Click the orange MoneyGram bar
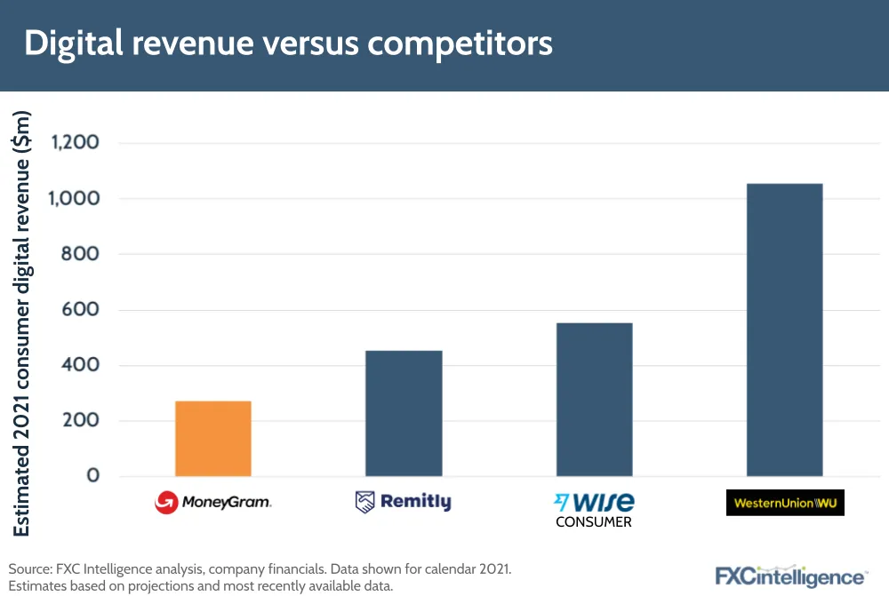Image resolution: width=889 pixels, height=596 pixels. coord(213,439)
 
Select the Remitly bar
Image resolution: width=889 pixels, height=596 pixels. coord(404,413)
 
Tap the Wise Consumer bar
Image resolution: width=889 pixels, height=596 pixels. coord(594,399)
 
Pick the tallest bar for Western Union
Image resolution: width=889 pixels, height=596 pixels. coord(784,330)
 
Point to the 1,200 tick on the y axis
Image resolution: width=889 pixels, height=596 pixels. coord(75,142)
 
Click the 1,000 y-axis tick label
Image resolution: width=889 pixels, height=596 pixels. coord(75,198)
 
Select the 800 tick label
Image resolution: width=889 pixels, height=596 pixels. coord(83,254)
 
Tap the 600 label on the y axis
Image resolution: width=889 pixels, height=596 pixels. coord(83,310)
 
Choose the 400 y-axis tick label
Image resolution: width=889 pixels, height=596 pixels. coord(83,365)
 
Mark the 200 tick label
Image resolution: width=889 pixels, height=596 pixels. coord(83,421)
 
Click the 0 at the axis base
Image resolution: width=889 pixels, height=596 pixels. coord(92,476)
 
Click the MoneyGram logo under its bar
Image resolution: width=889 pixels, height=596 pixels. coord(213,503)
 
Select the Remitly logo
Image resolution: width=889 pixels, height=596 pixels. coord(404,502)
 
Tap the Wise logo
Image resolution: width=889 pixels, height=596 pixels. coord(594,501)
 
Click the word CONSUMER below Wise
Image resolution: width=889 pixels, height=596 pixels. coord(594,522)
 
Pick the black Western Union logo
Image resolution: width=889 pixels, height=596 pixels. coord(784,503)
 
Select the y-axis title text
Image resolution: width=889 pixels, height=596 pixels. coord(24,323)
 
